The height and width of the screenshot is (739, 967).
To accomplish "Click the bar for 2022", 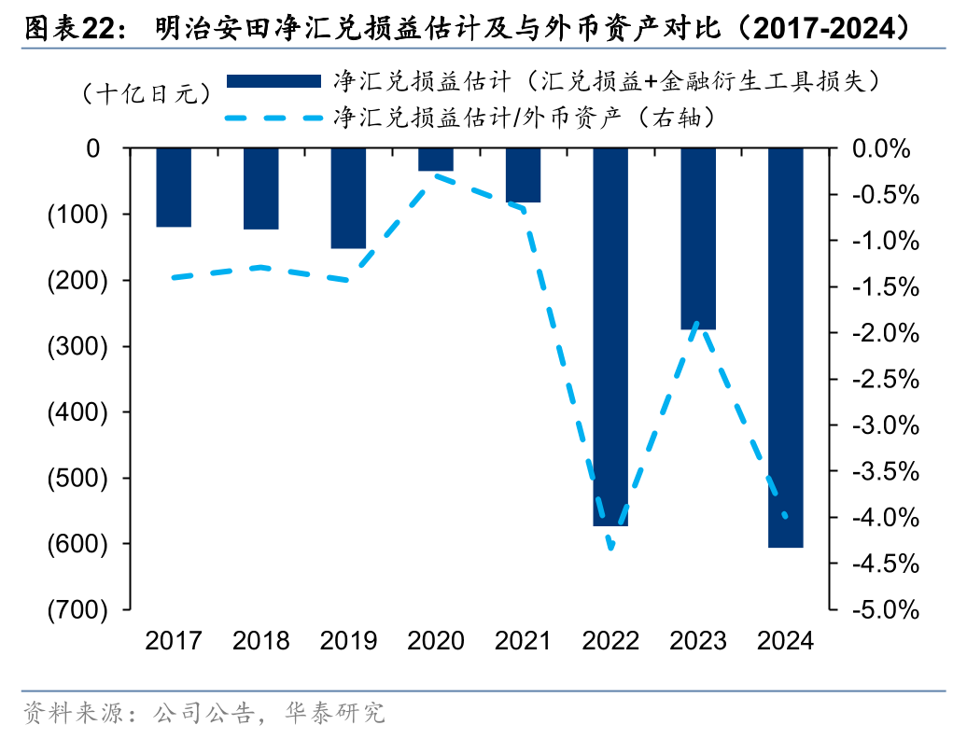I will [x=610, y=337].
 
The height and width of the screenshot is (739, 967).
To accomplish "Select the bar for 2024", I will [x=785, y=347].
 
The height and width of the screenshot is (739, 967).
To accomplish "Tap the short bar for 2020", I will [x=436, y=160].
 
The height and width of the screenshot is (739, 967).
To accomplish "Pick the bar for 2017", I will [x=174, y=188].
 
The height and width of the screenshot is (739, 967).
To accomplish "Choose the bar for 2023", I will [x=698, y=239].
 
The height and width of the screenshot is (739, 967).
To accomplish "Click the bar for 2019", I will [x=348, y=199].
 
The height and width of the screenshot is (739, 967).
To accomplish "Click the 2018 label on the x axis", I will [x=260, y=641].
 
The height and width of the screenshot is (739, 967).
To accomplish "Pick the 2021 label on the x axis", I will [x=523, y=641].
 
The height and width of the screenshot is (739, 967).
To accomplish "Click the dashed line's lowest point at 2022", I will [x=611, y=548].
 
